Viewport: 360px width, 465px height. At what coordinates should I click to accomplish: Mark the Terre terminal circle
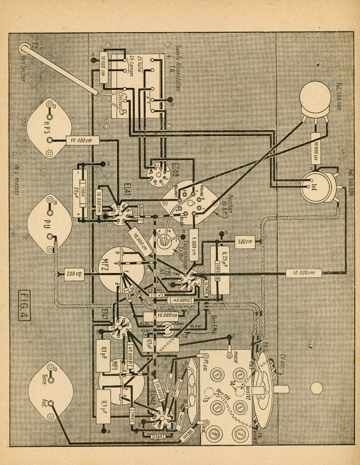pos(51,381)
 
